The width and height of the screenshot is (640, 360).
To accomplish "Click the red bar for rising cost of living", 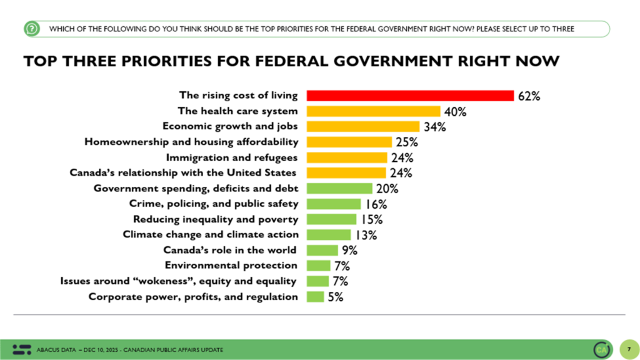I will click(x=410, y=96).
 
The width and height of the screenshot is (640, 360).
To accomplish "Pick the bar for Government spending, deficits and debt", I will click(x=339, y=188).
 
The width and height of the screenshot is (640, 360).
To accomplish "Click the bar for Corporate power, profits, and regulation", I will click(x=316, y=297).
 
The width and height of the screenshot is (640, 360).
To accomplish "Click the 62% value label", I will click(x=528, y=96).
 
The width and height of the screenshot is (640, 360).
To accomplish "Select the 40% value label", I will click(x=456, y=112).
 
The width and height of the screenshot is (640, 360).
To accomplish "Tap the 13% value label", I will click(x=366, y=235).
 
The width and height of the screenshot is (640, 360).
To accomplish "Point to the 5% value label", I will click(x=336, y=297).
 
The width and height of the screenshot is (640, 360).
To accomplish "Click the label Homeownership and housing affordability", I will click(x=191, y=142).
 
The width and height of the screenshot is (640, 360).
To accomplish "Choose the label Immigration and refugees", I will click(x=231, y=157).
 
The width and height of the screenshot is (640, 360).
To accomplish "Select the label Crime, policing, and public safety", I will click(x=214, y=204).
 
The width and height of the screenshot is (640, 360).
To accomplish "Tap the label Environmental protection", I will click(x=231, y=266).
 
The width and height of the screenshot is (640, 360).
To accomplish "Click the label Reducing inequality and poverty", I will click(x=216, y=219).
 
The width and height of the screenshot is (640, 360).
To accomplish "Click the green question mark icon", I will click(x=32, y=29).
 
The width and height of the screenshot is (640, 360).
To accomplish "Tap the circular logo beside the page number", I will click(x=602, y=349).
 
